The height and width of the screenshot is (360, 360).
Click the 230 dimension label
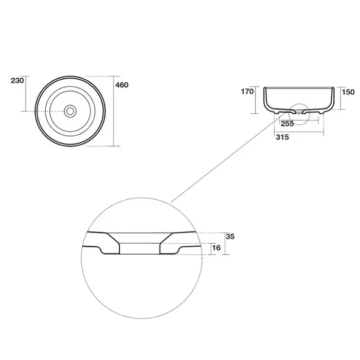pos(17,81)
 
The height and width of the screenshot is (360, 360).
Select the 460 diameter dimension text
pos(122,85)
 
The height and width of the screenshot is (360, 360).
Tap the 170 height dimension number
pos(247,92)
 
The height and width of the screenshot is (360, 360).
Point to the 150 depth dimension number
pos(348,92)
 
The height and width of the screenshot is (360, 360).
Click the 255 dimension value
pos(287,123)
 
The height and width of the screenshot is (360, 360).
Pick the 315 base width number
pos(282,137)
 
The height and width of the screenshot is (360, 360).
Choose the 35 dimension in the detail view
pos(230,237)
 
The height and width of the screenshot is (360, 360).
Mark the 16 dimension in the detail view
pos(217,248)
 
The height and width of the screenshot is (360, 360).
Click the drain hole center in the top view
pos(70,111)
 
